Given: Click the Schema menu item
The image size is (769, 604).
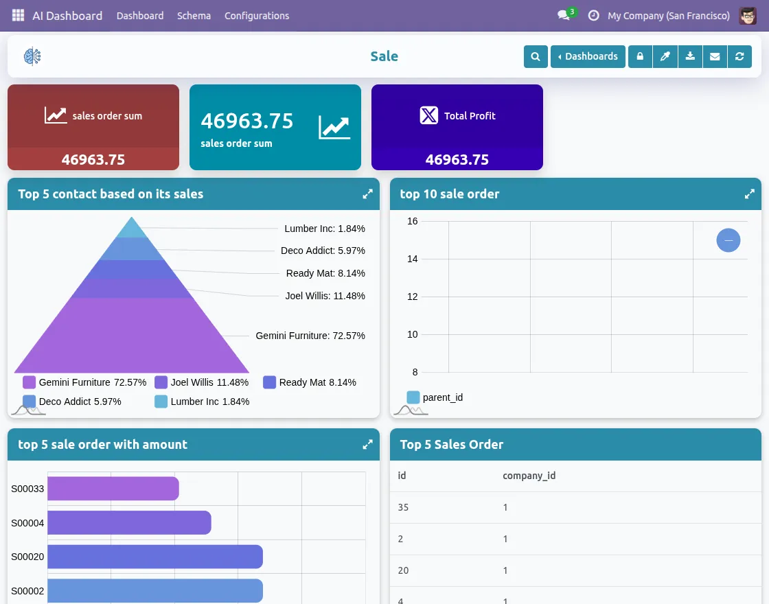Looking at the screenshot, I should pos(194,16).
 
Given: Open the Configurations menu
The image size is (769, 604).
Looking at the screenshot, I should pos(257,16).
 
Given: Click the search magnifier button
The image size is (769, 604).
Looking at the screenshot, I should pos(536,56).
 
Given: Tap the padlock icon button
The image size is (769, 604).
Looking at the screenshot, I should pos(640,56).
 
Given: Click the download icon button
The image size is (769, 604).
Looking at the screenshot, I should pos(690,56).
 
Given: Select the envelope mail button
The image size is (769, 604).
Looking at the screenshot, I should pos(715,56).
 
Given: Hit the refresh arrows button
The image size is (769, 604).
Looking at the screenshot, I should pos(739,56).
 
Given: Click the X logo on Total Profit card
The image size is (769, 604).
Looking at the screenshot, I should pos(429,115).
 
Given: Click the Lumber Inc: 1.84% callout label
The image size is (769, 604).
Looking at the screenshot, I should pos(325,229).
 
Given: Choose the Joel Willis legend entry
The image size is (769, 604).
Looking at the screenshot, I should pos(201,382).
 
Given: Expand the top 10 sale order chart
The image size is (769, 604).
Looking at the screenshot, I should pos(750,194).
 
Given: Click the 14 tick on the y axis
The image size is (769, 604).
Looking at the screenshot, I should pos(412,259).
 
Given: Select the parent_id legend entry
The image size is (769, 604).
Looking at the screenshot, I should pos(435,397).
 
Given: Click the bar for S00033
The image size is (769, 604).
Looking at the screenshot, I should pos(113,489).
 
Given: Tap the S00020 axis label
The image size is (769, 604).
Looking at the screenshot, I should pos(27,557).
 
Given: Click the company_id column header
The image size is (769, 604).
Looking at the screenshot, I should pos(529,475).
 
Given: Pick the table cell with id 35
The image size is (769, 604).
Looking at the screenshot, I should pos(404,507).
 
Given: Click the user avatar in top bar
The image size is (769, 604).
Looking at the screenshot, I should pos(748,16).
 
